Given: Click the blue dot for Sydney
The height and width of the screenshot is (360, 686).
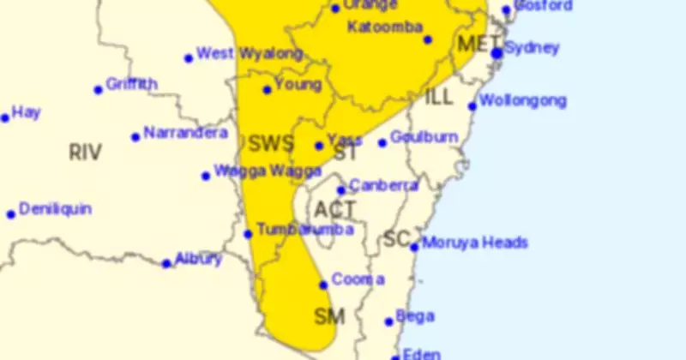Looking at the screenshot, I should (496, 53).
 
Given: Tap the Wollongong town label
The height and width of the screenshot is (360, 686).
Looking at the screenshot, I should (523, 101).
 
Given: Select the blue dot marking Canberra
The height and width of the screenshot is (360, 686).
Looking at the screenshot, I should (341, 190).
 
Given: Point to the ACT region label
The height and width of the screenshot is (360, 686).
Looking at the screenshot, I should (334, 209).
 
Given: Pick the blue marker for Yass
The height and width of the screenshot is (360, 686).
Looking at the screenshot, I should (319, 146).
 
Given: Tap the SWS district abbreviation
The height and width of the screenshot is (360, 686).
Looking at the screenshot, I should (270, 143).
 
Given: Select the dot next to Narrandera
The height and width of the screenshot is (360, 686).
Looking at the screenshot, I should (135, 137).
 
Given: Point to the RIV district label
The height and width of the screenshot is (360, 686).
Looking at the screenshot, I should (85, 153).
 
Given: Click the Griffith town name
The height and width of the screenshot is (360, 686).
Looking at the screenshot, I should (131, 84).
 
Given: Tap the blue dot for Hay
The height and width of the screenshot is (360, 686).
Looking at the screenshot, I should (5, 117).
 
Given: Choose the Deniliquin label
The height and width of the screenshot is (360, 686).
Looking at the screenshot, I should (55, 209).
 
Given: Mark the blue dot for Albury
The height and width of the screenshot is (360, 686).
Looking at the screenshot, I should (166, 263).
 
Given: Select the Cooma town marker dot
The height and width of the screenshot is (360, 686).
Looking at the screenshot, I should (323, 285).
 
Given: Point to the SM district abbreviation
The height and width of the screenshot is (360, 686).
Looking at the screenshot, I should (329, 317).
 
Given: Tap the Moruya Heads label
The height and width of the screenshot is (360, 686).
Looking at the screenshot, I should (474, 243).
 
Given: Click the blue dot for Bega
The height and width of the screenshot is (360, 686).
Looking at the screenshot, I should (389, 322).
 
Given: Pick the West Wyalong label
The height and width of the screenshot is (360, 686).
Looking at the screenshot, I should (250, 54).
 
